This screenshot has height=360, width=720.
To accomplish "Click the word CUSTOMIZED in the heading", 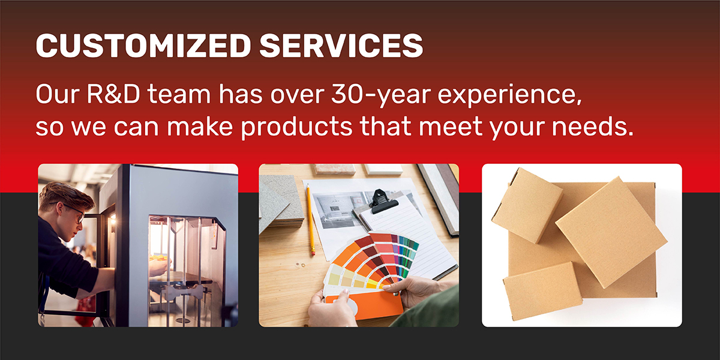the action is coord(143,46).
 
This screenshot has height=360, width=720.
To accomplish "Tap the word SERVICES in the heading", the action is coord(341,46).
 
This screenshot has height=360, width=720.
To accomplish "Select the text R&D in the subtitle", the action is coord(113,94).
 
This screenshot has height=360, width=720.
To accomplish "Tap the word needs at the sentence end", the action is coord(593,126).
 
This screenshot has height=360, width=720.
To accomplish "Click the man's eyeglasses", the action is coord(74,212).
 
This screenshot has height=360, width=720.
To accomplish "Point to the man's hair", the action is coord(66,196).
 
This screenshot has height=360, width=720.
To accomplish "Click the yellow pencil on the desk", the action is coord(310,220).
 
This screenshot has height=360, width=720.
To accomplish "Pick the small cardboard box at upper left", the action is coord(527,205).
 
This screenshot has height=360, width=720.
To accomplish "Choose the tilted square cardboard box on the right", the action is coord(611,232).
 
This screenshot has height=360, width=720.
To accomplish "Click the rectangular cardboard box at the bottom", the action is coord(543,291).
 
